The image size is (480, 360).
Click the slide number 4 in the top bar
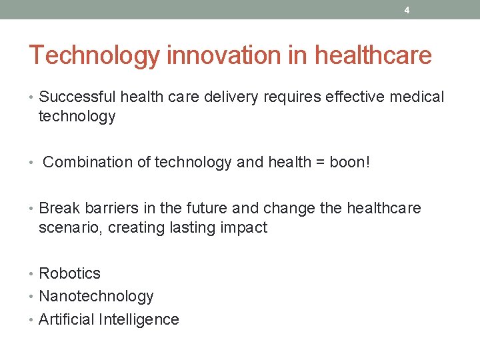point(407,10)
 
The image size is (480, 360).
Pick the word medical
point(418,97)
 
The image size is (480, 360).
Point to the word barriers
point(107,209)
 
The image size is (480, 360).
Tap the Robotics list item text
point(69,273)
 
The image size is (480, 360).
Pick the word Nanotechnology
point(96,296)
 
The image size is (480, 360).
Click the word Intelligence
point(139,319)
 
